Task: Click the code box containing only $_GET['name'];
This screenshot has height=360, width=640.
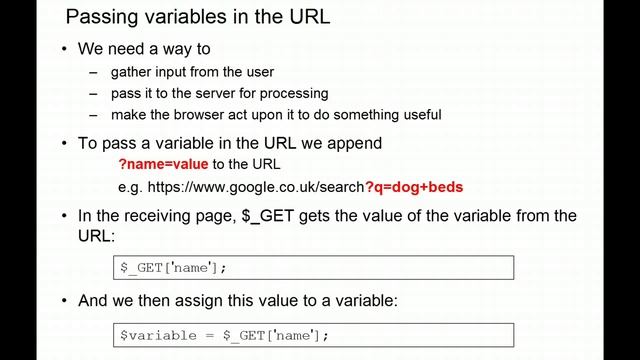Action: pyautogui.click(x=314, y=267)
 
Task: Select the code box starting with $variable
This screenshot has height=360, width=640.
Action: pyautogui.click(x=314, y=334)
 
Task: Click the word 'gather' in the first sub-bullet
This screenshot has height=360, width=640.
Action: pyautogui.click(x=132, y=71)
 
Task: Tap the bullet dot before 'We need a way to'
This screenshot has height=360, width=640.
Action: pyautogui.click(x=65, y=49)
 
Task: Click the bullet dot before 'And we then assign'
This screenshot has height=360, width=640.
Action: pyautogui.click(x=65, y=300)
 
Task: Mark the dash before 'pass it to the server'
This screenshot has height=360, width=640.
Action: pyautogui.click(x=94, y=93)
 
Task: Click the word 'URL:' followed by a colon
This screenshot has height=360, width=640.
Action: pyautogui.click(x=97, y=237)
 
